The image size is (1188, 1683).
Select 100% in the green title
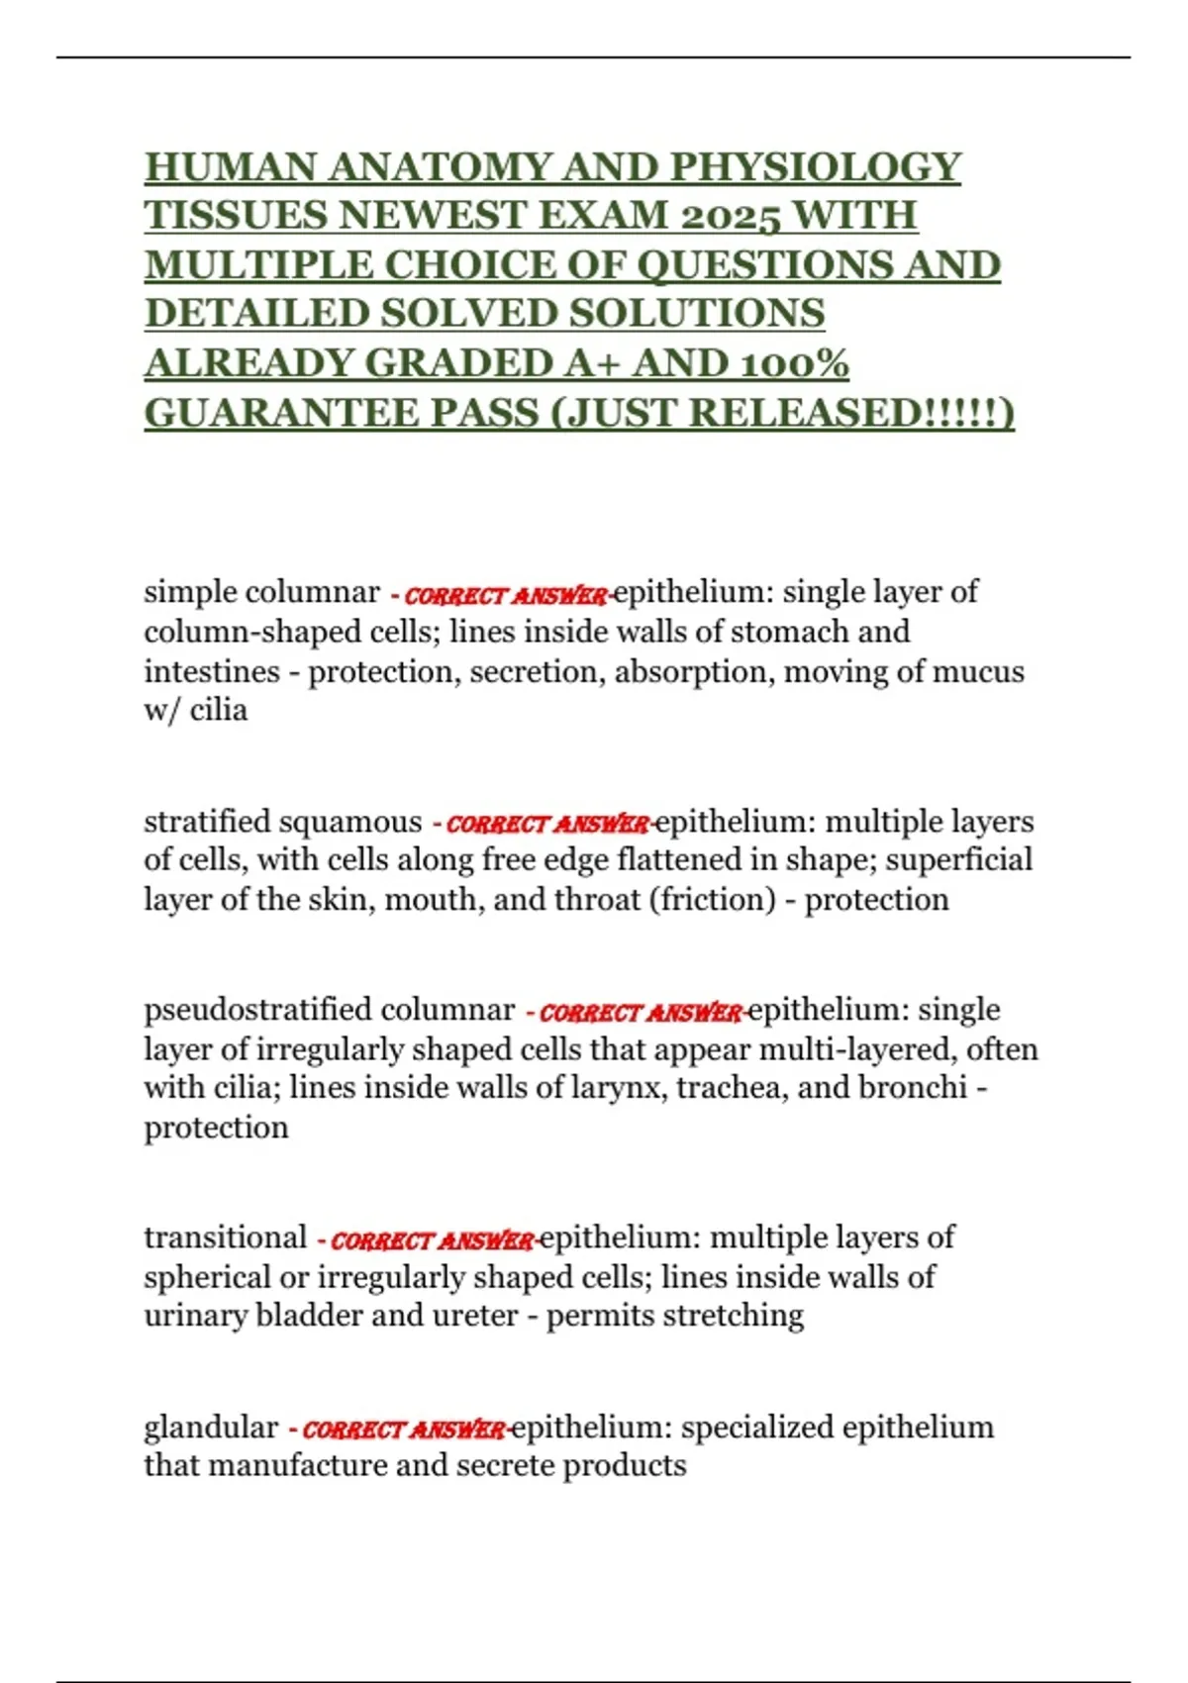click(796, 363)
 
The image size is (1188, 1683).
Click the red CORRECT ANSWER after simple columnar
click(505, 596)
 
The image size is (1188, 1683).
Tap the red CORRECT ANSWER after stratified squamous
click(547, 825)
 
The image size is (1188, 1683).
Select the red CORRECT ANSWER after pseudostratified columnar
click(640, 1013)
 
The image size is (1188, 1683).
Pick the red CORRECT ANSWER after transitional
click(432, 1240)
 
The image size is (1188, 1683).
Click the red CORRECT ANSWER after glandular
click(404, 1430)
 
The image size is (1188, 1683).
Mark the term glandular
click(211, 1428)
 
